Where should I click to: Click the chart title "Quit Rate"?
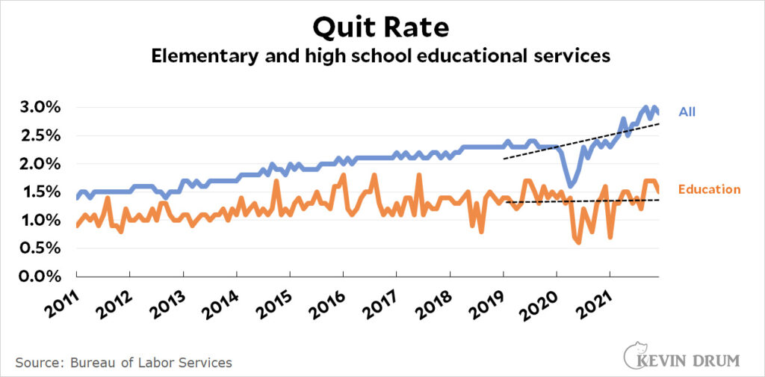click(381, 28)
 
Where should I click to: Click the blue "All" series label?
click(687, 112)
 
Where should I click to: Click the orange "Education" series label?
click(709, 189)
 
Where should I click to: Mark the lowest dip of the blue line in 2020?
click(570, 186)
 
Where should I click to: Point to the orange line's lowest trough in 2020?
click(578, 242)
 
